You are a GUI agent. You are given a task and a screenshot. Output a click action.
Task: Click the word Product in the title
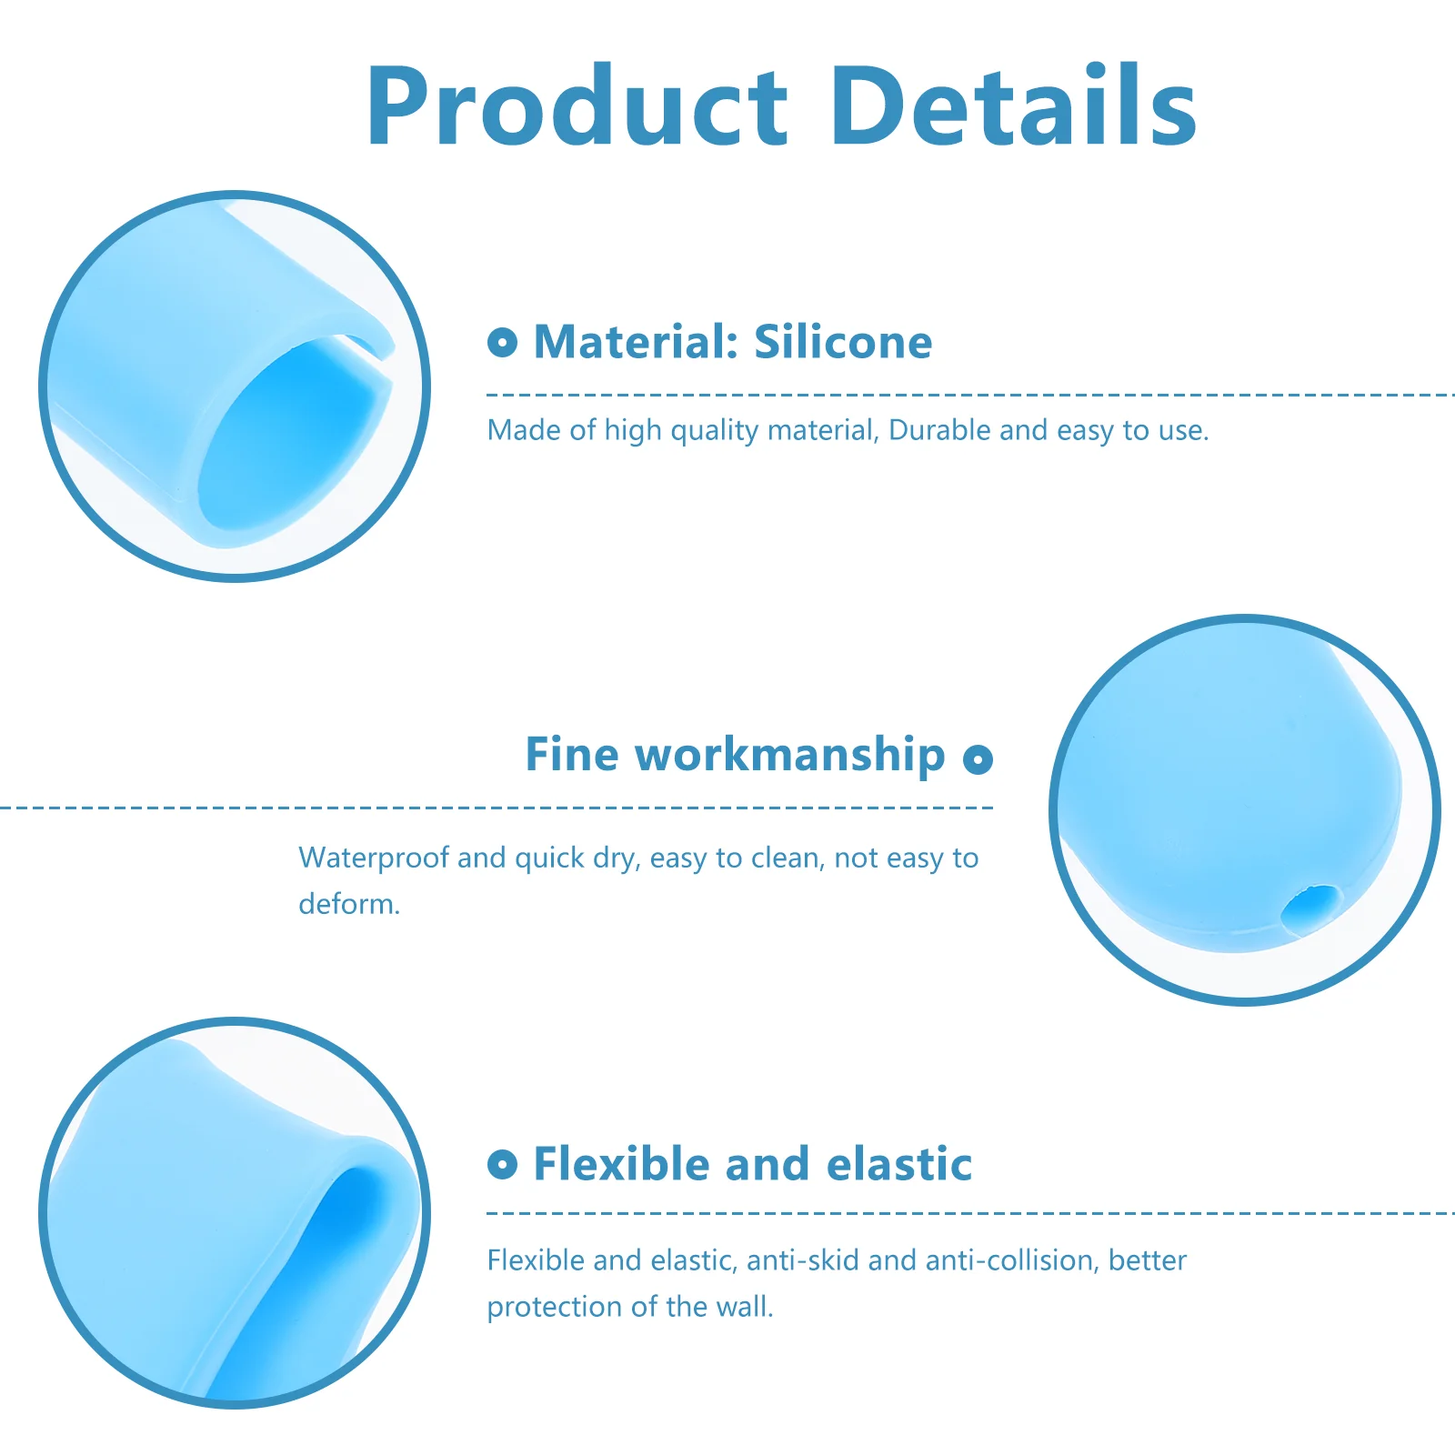(x=577, y=106)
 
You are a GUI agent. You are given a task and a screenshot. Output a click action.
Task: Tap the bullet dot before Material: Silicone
(x=502, y=343)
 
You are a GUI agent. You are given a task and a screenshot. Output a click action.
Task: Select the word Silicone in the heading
(x=843, y=342)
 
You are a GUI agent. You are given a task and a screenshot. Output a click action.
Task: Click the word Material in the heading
(x=636, y=342)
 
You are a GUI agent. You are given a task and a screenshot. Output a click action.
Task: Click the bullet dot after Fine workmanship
(x=978, y=759)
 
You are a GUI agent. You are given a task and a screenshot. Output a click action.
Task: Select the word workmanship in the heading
(x=790, y=755)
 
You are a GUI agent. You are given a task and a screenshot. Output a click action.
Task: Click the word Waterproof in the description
(x=374, y=858)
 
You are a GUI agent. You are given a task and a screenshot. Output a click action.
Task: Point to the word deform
(x=349, y=904)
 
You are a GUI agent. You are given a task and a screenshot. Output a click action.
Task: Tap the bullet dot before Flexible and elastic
(x=502, y=1164)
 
